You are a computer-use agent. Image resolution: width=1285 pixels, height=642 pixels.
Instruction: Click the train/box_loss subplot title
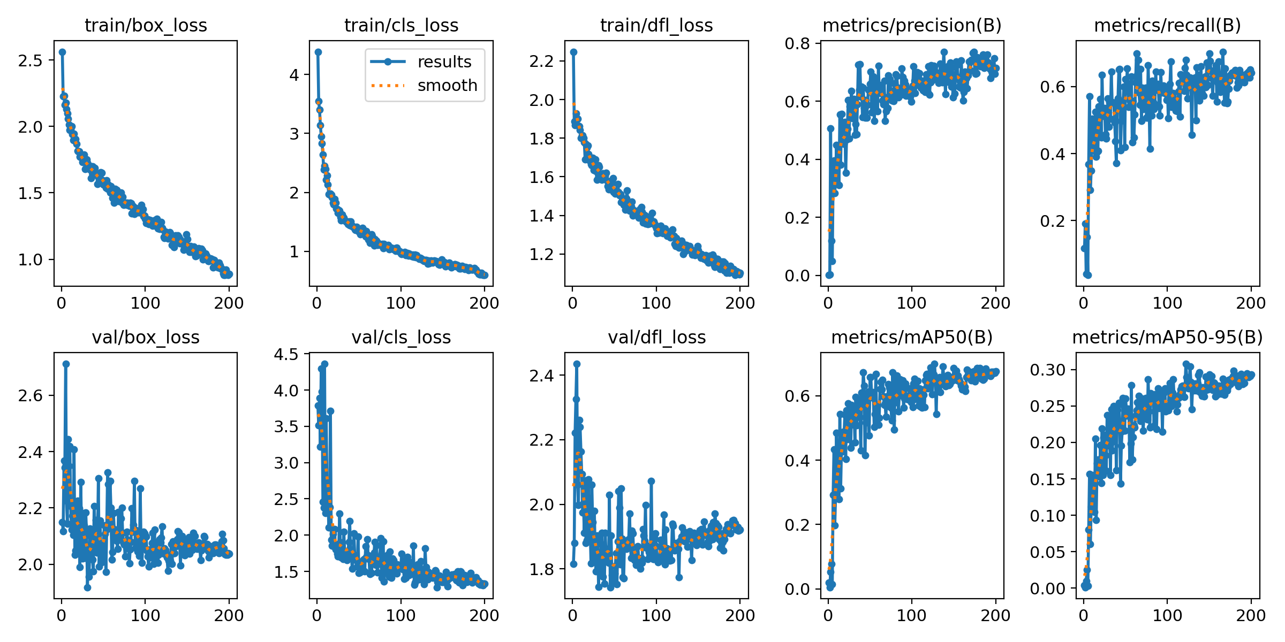point(146,25)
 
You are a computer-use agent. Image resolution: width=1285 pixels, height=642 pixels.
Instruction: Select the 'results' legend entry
point(444,62)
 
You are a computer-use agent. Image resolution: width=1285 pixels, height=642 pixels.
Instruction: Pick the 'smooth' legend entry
point(447,86)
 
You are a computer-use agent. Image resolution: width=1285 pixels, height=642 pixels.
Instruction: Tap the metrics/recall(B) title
point(1167,25)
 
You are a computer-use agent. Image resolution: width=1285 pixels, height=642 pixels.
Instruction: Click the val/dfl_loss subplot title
point(656,337)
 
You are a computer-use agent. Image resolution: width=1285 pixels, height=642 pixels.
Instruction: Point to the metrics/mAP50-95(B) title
point(1167,337)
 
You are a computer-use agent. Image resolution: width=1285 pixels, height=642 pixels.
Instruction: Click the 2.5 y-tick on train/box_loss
point(30,60)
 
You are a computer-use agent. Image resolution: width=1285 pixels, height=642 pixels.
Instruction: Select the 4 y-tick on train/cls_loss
point(294,75)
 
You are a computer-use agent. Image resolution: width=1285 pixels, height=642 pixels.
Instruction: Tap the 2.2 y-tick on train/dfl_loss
point(541,61)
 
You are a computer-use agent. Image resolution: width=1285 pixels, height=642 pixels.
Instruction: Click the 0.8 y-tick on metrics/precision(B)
point(797,43)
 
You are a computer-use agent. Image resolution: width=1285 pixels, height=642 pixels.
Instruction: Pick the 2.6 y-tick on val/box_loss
point(30,395)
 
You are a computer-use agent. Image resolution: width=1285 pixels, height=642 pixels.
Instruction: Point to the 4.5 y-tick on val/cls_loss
point(286,354)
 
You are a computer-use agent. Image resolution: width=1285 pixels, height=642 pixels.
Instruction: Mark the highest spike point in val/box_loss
point(66,364)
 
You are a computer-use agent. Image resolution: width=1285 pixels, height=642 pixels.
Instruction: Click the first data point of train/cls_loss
point(318,52)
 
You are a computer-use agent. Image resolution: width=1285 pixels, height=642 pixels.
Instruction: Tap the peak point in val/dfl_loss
point(577,364)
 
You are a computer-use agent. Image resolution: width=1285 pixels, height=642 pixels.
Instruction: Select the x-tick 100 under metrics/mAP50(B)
point(911,615)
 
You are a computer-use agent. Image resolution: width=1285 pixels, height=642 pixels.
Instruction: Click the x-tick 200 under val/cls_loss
point(484,615)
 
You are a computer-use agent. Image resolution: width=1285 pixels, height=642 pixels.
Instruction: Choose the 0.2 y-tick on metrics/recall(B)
point(1053,221)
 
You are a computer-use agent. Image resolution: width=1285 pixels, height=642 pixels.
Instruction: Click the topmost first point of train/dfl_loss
point(573,52)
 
